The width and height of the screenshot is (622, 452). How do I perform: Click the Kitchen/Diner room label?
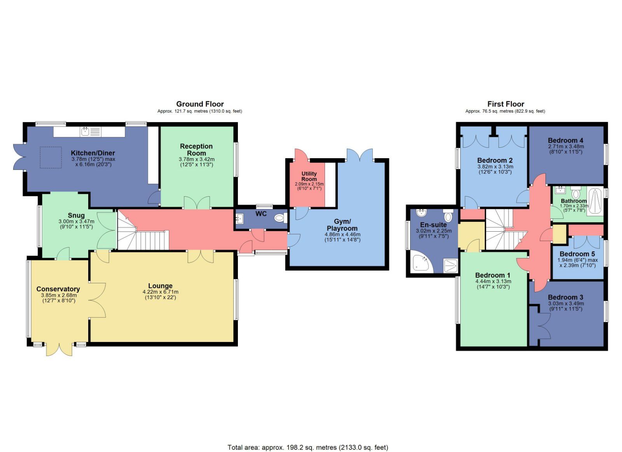(x=93, y=153)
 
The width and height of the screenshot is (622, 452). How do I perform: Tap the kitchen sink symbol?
(x=86, y=132)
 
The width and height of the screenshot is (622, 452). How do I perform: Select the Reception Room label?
(x=196, y=150)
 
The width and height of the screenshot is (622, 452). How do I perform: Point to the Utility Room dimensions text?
(x=309, y=186)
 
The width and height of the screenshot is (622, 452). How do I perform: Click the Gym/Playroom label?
(x=342, y=225)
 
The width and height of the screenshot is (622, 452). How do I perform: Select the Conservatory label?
(x=58, y=289)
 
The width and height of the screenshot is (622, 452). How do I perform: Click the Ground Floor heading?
(x=200, y=104)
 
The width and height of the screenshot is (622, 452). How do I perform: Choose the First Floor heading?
(x=505, y=104)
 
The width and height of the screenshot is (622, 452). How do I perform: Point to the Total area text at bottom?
(x=308, y=447)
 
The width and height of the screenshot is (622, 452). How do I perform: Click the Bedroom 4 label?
(x=565, y=140)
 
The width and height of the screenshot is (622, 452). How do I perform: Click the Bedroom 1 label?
(x=493, y=275)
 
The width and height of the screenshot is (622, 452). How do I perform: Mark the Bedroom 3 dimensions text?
(x=566, y=306)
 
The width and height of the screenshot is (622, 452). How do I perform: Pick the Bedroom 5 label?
(x=577, y=254)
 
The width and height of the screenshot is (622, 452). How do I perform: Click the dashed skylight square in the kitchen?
(x=51, y=157)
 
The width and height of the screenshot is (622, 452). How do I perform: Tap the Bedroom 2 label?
(x=494, y=160)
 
